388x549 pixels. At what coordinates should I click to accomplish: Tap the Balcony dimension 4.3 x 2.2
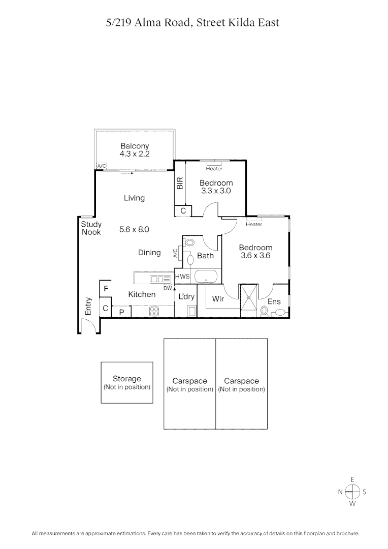pyautogui.click(x=135, y=153)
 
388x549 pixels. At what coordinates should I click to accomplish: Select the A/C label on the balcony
pyautogui.click(x=102, y=166)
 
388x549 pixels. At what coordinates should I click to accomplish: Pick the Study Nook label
pyautogui.click(x=91, y=228)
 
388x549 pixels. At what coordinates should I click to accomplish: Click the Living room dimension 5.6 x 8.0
pyautogui.click(x=134, y=229)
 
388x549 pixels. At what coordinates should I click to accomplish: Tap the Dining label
pyautogui.click(x=149, y=252)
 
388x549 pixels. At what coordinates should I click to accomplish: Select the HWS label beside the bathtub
pyautogui.click(x=182, y=277)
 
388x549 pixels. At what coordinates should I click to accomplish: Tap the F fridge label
pyautogui.click(x=106, y=289)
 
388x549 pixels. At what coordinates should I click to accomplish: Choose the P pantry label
pyautogui.click(x=121, y=313)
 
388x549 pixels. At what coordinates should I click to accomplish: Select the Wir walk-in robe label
pyautogui.click(x=218, y=299)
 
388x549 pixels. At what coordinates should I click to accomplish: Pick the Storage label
pyautogui.click(x=126, y=379)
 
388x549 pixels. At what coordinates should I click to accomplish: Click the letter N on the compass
pyautogui.click(x=340, y=492)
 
